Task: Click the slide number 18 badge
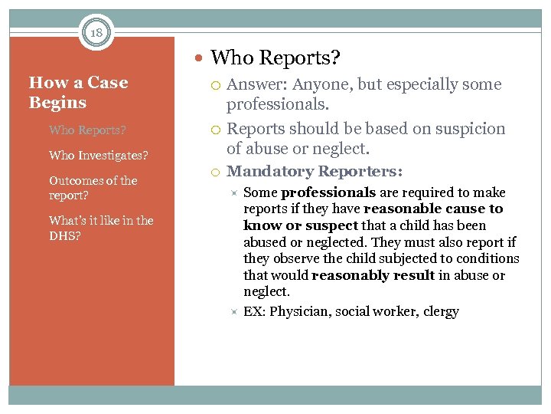96,33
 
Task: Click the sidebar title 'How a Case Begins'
77,92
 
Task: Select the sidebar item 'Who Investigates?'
98,156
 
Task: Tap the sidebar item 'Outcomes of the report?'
93,188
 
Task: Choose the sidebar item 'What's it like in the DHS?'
100,228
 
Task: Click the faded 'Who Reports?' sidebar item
86,130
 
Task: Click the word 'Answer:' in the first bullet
256,85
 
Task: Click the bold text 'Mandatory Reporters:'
315,172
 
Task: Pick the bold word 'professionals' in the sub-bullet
328,192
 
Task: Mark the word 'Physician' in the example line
300,312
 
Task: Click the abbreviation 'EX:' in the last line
254,312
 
